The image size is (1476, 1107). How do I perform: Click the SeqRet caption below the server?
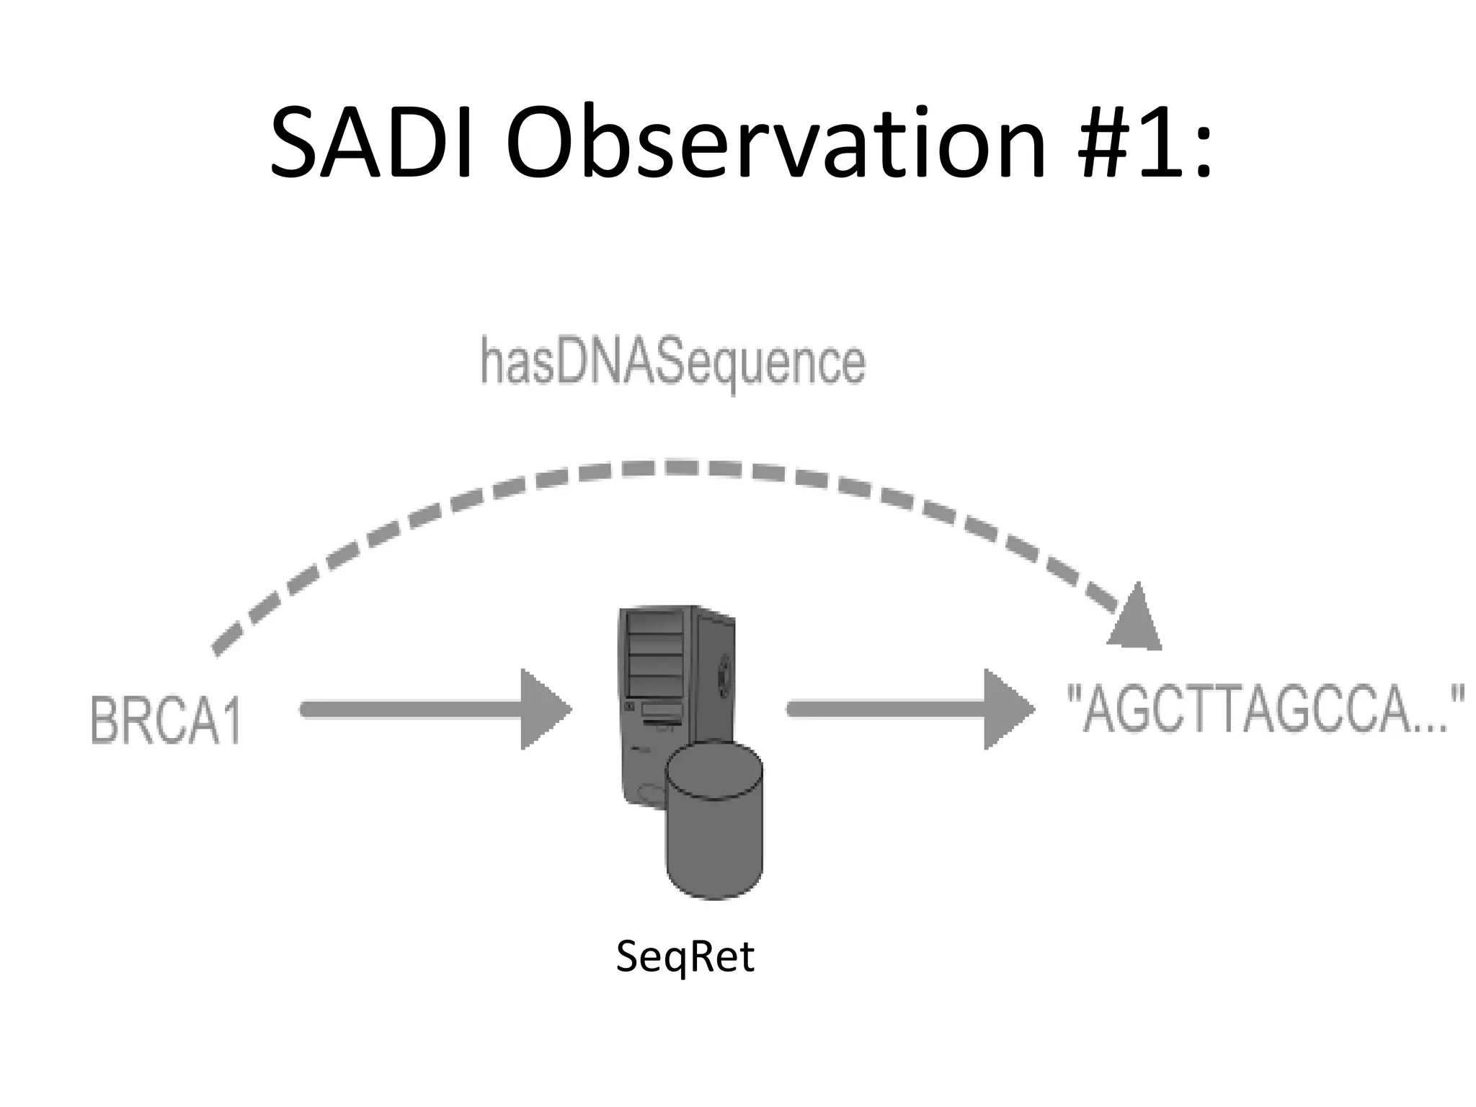pyautogui.click(x=685, y=957)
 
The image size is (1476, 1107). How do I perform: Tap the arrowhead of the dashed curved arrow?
pyautogui.click(x=1136, y=621)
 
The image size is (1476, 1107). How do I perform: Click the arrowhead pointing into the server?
pyautogui.click(x=543, y=709)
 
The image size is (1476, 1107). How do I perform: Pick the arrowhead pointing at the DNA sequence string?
pyautogui.click(x=1007, y=709)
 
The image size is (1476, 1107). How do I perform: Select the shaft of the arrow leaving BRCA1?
pyautogui.click(x=411, y=709)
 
